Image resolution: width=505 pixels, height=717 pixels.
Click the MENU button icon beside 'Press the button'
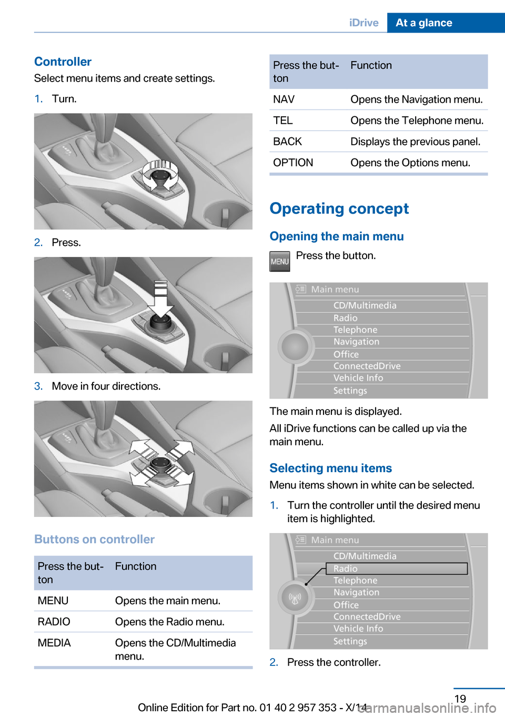(x=279, y=262)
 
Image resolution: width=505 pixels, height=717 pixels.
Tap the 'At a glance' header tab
(x=423, y=23)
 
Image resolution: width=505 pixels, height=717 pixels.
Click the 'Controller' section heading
(x=63, y=62)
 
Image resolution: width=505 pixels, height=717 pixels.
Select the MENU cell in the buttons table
(x=53, y=601)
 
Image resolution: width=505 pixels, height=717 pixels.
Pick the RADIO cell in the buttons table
(x=54, y=622)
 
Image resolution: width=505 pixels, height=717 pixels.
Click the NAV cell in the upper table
(x=284, y=99)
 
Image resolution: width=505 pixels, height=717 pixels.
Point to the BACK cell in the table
(x=287, y=142)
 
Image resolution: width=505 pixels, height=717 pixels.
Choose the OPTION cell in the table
(x=293, y=163)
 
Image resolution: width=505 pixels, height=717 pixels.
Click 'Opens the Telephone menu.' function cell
(x=417, y=121)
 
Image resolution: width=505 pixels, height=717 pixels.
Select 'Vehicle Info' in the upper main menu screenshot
(x=358, y=378)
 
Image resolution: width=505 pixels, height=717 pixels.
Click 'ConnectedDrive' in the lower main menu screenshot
(x=367, y=616)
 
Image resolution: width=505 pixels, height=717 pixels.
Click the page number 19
(x=460, y=699)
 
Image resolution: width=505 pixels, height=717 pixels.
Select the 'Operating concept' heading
(x=339, y=208)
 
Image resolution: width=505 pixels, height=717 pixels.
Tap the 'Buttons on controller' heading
(x=94, y=539)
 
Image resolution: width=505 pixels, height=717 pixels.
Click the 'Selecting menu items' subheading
(x=330, y=468)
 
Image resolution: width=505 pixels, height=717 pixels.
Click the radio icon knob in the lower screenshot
(x=295, y=597)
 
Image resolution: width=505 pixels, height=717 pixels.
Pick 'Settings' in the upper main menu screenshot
(x=350, y=391)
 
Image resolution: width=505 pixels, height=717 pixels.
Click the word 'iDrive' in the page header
(x=363, y=23)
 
